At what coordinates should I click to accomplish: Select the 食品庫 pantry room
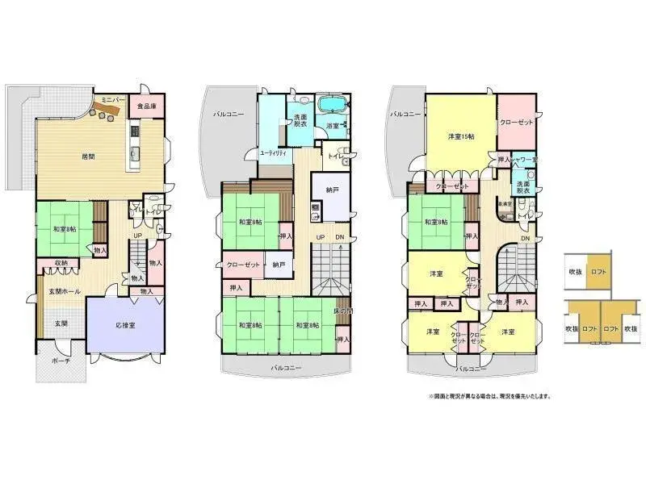pyautogui.click(x=146, y=106)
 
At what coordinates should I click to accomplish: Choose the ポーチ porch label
pyautogui.click(x=53, y=361)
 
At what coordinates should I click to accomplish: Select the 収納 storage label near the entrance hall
pyautogui.click(x=61, y=263)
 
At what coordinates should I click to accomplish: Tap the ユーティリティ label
pyautogui.click(x=272, y=152)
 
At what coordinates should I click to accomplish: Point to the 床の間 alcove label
pyautogui.click(x=343, y=311)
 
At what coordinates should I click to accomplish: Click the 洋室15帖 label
pyautogui.click(x=461, y=136)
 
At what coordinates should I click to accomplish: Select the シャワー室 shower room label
pyautogui.click(x=524, y=160)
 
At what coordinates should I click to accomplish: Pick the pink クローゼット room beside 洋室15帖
pyautogui.click(x=516, y=123)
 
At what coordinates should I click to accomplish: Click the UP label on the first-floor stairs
pyautogui.click(x=138, y=237)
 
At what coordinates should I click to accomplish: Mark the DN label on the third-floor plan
pyautogui.click(x=525, y=240)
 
